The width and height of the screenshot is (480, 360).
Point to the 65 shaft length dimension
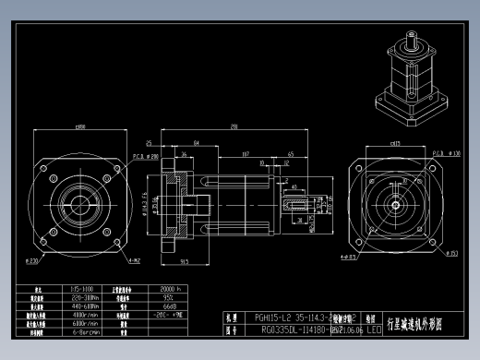(x=291, y=155)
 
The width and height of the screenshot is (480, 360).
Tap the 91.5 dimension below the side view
(x=186, y=261)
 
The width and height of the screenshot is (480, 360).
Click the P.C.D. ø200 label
(x=145, y=157)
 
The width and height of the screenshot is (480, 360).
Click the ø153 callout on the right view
(x=453, y=251)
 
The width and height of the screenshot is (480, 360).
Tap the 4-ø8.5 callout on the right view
(x=348, y=258)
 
